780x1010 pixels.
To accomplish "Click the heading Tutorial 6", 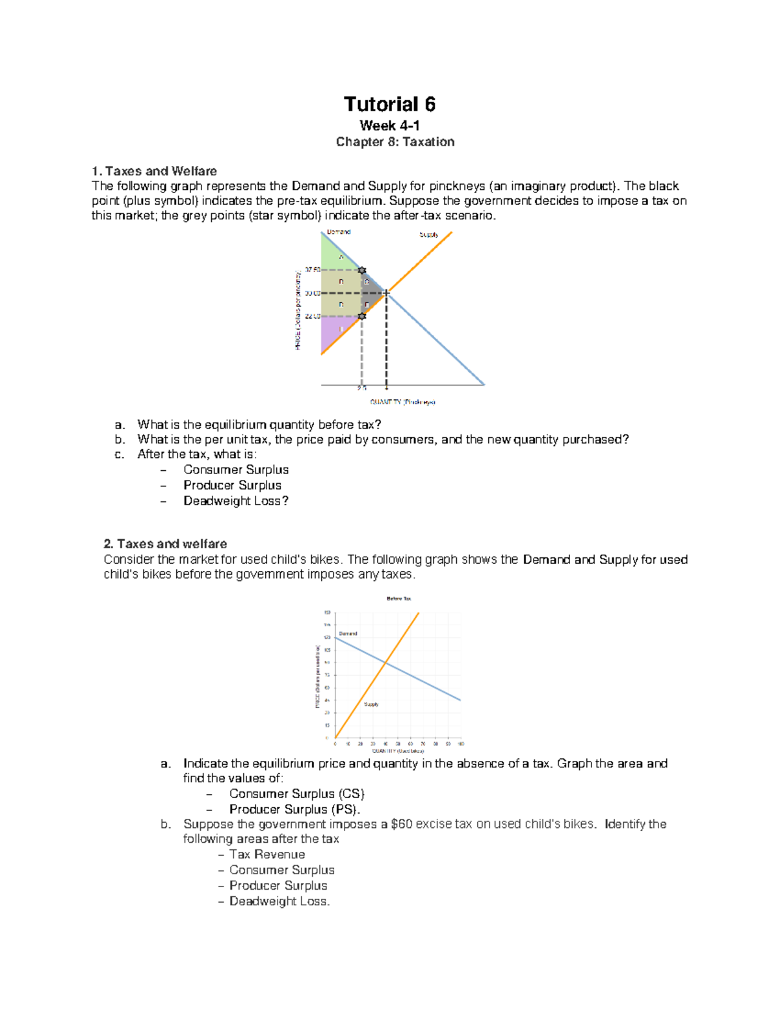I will coord(389,105).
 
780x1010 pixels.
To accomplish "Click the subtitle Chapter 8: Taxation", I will coord(395,142).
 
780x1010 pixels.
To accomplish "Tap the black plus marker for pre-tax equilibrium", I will coord(387,293).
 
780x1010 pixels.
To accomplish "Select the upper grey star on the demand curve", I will coord(362,270).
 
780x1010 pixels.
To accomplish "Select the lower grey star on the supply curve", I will coord(362,316).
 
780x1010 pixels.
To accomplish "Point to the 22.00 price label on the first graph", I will coord(312,316).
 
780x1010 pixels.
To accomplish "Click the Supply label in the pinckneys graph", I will coord(428,235).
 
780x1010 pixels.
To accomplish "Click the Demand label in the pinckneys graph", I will coord(339,232).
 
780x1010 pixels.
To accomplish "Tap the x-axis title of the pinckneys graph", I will coord(402,402).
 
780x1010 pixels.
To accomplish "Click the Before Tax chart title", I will coord(398,598).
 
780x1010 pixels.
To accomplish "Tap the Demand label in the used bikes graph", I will coord(348,633).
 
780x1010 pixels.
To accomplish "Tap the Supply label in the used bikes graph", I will coord(371,704).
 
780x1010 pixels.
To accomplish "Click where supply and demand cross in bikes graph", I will coord(385,663).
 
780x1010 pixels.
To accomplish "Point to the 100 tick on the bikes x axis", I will coord(460,743).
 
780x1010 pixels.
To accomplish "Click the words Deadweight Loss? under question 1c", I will coord(235,501).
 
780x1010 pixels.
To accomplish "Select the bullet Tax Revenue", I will coord(266,855).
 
